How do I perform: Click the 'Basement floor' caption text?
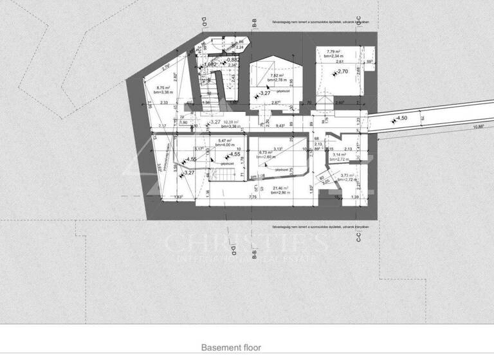click(x=232, y=347)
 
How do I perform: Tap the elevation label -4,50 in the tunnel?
click(x=401, y=118)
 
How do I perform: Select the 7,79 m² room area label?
click(x=333, y=51)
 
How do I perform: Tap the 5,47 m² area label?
click(x=225, y=141)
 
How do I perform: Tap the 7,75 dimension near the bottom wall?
click(x=253, y=197)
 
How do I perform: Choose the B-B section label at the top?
click(x=255, y=24)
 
